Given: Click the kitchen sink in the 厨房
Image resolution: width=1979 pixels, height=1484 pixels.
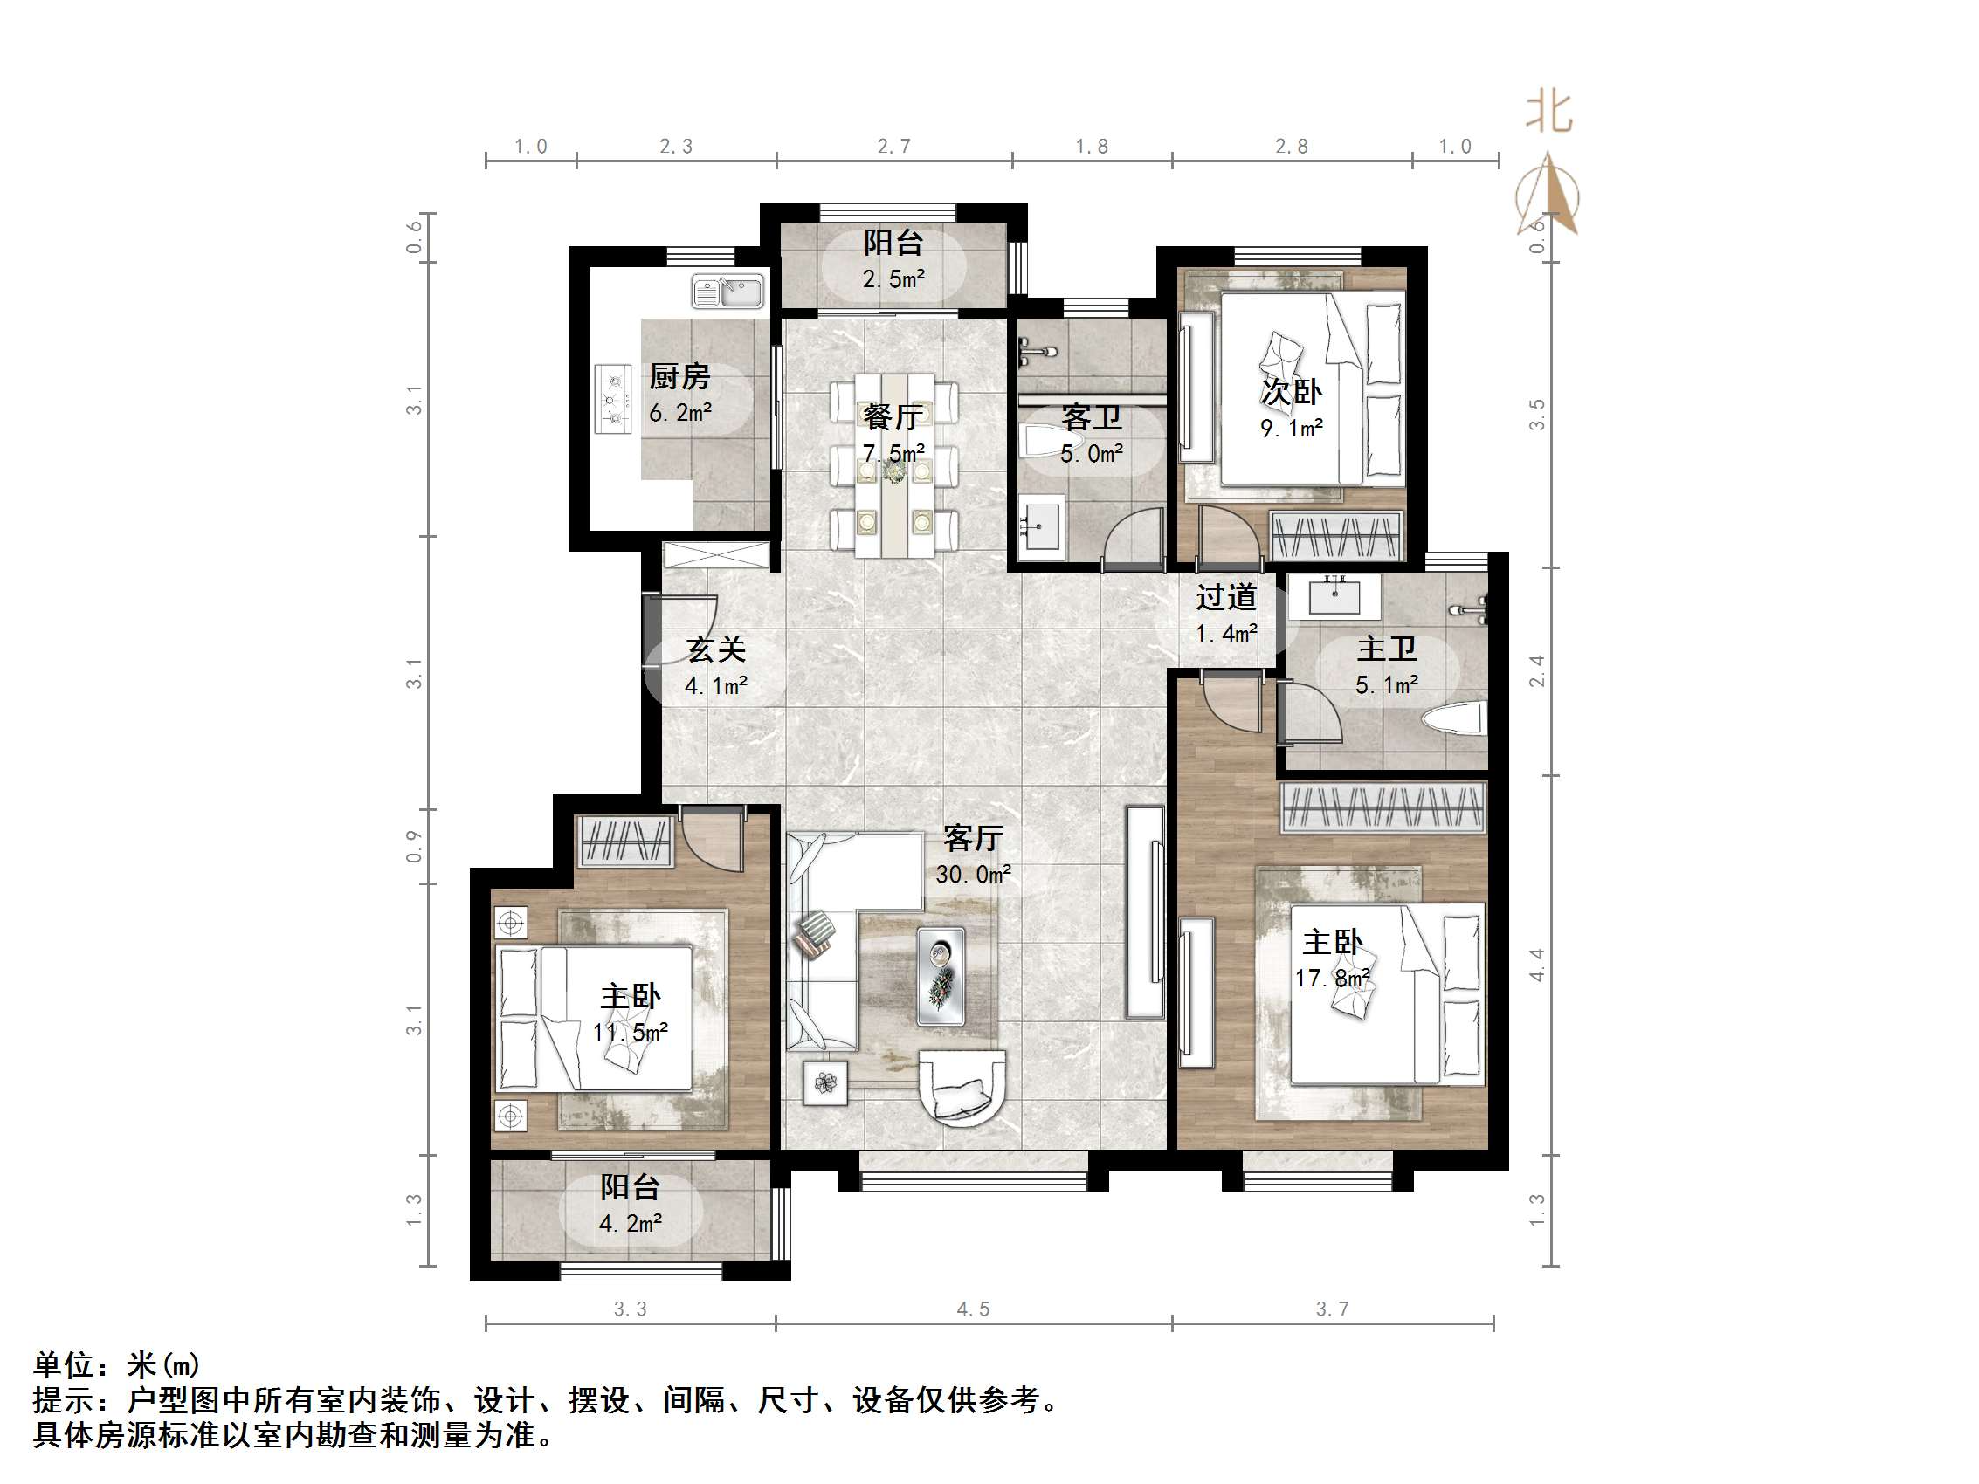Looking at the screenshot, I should [728, 292].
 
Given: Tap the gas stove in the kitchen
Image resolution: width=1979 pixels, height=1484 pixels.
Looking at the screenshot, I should [614, 399].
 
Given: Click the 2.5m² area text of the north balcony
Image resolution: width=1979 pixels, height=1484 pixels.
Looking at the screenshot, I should [893, 279].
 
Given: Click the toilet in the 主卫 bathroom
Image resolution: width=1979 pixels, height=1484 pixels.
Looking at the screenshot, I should [1453, 718].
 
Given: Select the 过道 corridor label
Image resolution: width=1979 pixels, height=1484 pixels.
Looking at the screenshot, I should [1225, 596].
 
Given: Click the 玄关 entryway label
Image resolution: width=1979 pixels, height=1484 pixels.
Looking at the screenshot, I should [716, 649].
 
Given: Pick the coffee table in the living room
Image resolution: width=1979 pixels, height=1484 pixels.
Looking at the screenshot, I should [941, 976].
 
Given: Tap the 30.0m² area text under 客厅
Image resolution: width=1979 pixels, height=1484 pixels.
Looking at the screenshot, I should [973, 874].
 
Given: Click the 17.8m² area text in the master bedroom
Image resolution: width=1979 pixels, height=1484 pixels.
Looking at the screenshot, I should [1332, 979].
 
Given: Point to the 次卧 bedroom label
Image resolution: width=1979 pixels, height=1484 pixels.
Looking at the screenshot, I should [1290, 392].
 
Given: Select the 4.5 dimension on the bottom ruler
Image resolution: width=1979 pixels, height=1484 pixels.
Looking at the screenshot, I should [973, 1309].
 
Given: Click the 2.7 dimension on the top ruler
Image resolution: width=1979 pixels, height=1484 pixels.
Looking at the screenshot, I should [893, 147].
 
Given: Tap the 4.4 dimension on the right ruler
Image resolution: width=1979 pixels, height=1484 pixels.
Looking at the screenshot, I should [1536, 965].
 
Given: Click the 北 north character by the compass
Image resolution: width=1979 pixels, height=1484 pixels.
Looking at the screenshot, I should [1548, 113].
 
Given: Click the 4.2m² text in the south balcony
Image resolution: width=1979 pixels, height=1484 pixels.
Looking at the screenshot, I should [630, 1223].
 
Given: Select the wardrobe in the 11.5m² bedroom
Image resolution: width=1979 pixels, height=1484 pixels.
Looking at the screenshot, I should [626, 841].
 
